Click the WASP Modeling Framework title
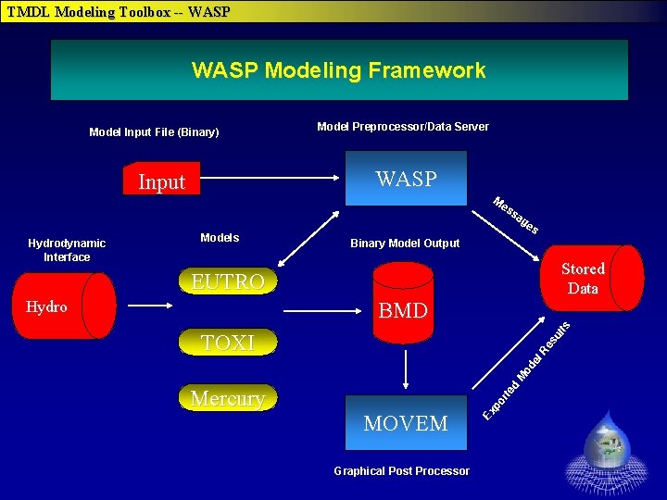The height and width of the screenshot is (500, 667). click(x=338, y=70)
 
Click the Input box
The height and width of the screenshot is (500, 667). click(x=162, y=181)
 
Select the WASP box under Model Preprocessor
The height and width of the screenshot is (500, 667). click(x=406, y=179)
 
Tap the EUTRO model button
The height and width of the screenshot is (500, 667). click(x=228, y=281)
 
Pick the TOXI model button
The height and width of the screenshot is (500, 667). click(x=228, y=343)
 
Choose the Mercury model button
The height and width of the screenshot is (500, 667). click(x=228, y=398)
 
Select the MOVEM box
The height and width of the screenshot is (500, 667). click(x=406, y=423)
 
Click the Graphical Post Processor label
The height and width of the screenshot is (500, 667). click(x=401, y=471)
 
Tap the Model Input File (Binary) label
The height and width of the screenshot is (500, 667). click(x=154, y=132)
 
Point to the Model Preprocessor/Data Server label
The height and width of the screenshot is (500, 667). click(x=403, y=127)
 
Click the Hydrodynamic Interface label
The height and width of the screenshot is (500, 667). click(x=67, y=250)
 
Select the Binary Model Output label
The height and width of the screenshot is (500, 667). click(x=405, y=244)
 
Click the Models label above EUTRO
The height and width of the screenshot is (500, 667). click(x=220, y=238)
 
